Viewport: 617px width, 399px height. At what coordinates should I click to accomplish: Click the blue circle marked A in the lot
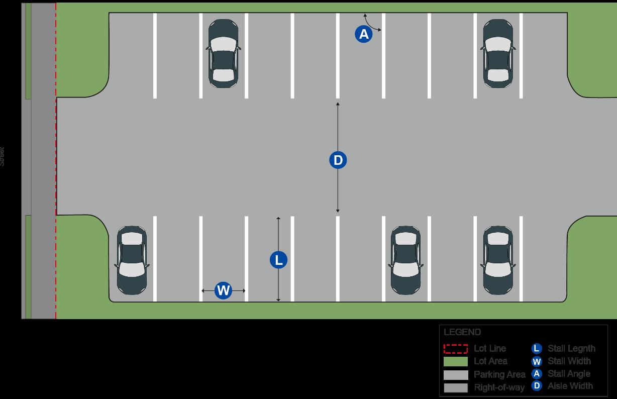tap(364, 34)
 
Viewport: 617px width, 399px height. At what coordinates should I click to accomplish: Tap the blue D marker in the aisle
tap(338, 160)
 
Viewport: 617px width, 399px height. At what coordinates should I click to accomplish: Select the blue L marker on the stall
tap(278, 260)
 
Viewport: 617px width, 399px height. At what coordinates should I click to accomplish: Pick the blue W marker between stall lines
tap(223, 290)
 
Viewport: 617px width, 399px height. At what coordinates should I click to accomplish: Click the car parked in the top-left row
tap(223, 53)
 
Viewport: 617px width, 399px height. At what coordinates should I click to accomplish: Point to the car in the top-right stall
tap(498, 53)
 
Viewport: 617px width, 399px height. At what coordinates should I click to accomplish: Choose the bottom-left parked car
tap(132, 260)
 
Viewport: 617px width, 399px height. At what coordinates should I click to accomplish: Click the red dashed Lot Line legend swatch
tap(456, 348)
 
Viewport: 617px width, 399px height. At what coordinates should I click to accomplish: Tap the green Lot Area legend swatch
tap(456, 361)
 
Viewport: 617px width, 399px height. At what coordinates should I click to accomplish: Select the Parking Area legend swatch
tap(456, 375)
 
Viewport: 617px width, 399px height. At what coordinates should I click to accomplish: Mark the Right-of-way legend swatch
tap(456, 387)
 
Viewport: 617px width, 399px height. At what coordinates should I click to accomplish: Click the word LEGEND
tap(462, 332)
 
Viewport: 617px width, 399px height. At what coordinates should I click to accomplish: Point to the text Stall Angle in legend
tap(569, 374)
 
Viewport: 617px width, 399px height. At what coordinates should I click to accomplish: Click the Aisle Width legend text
tap(570, 386)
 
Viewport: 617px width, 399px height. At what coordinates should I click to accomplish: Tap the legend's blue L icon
tap(537, 348)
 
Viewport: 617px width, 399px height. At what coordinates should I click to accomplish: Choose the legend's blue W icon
tap(537, 361)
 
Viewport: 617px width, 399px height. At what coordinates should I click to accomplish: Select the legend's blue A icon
tap(537, 374)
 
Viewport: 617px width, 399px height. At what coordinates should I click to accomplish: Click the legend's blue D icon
tap(537, 386)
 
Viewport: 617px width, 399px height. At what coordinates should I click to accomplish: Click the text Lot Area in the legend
tap(490, 361)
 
